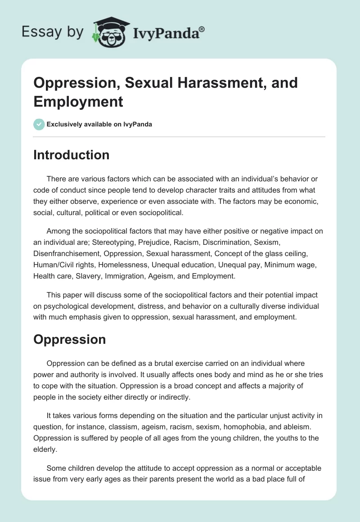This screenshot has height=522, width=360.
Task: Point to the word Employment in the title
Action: (x=78, y=102)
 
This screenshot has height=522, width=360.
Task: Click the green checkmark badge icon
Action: (x=39, y=125)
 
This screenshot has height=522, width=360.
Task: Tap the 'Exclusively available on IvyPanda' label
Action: (x=99, y=125)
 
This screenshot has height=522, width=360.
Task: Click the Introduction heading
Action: (x=71, y=155)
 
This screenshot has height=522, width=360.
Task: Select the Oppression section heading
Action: (x=69, y=339)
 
